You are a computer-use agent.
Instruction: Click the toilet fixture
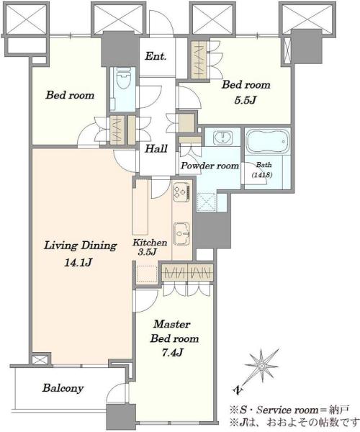(x=123, y=79)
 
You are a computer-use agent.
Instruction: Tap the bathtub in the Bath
(x=268, y=140)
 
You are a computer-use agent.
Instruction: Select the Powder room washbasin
(x=222, y=138)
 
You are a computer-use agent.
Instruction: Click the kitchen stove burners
(x=181, y=192)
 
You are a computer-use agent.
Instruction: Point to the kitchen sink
(x=181, y=233)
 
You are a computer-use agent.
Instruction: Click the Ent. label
(x=156, y=56)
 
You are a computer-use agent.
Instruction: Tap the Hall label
(x=156, y=149)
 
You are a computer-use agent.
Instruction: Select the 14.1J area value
(x=78, y=263)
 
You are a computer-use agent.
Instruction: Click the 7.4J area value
(x=172, y=352)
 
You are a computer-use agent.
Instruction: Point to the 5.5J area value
(x=245, y=100)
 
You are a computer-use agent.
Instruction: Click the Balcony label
(x=63, y=388)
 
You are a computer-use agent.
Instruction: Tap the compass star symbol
(x=261, y=366)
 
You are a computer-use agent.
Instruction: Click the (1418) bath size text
(x=262, y=175)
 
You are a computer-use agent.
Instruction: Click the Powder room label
(x=210, y=166)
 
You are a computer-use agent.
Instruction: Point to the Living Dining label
(x=81, y=246)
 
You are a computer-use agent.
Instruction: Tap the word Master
(x=172, y=324)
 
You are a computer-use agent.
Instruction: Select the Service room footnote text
(x=290, y=410)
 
